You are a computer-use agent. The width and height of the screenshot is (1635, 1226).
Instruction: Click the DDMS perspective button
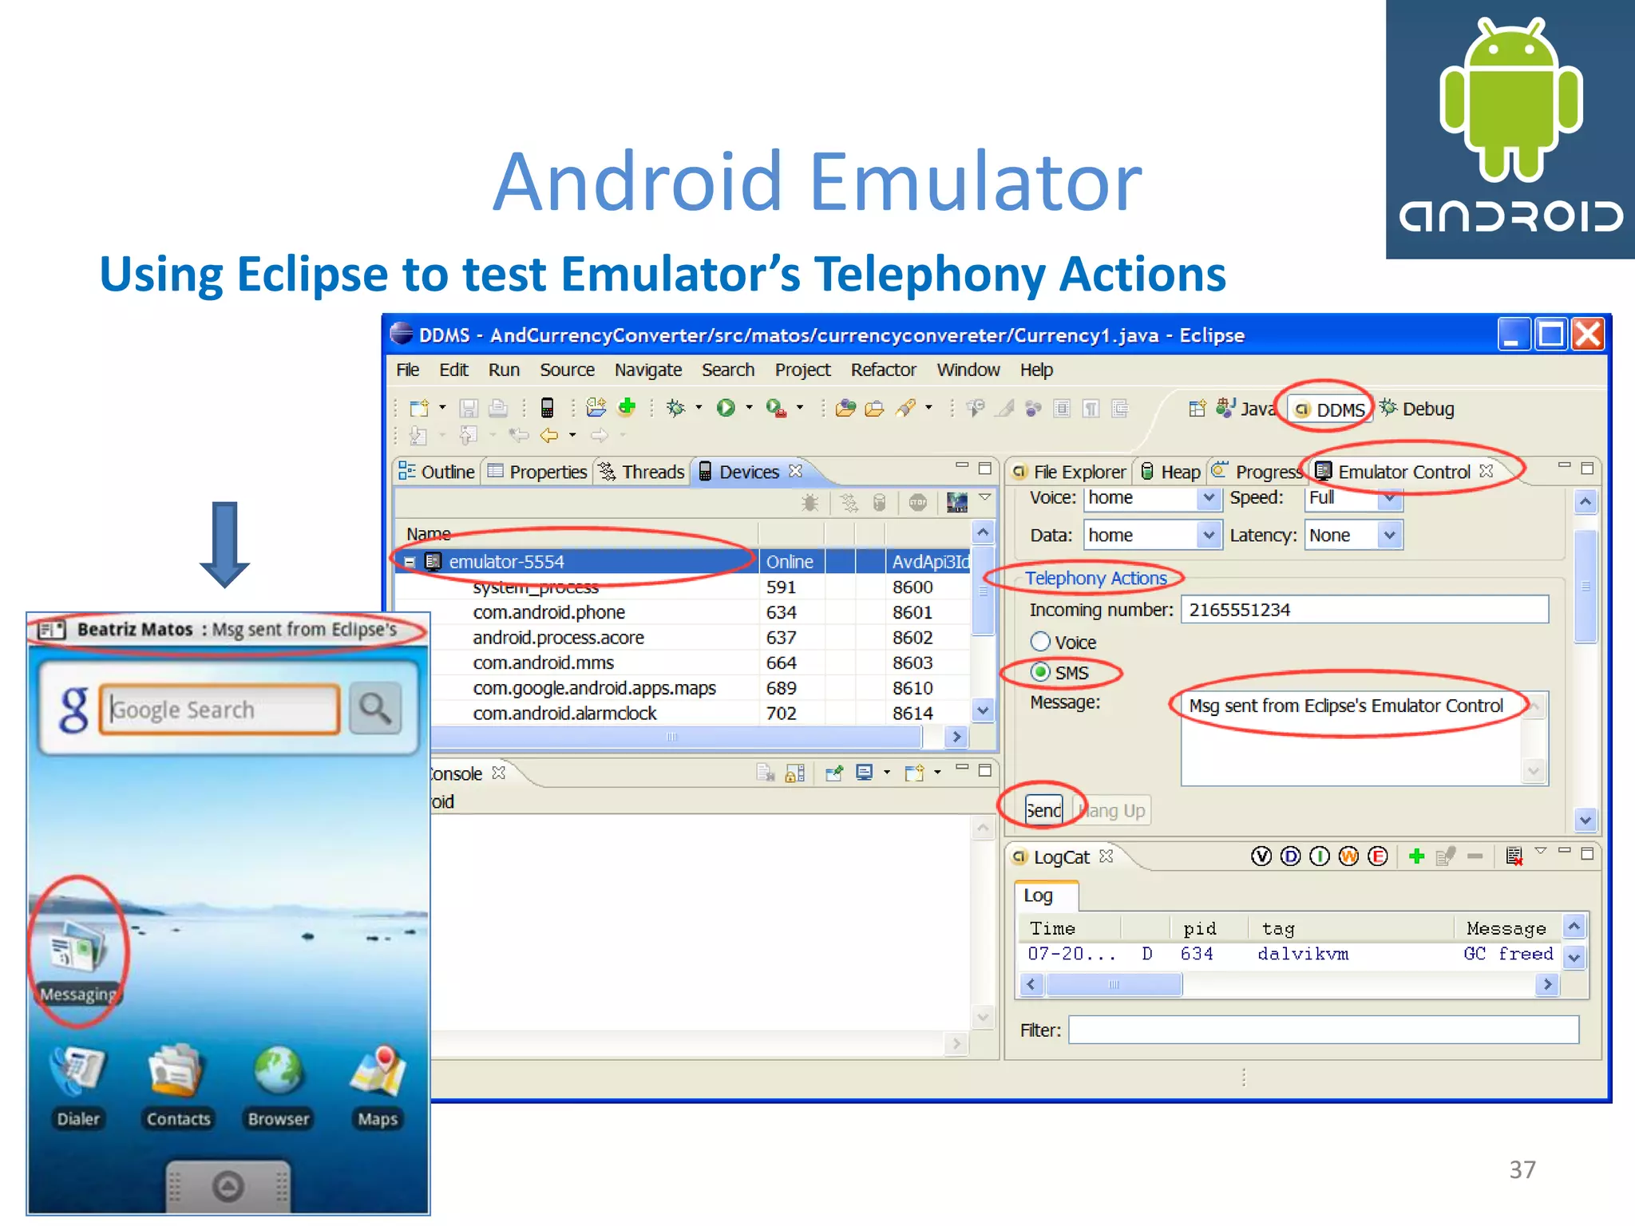[1330, 409]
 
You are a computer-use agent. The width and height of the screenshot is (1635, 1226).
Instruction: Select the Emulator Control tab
[1403, 472]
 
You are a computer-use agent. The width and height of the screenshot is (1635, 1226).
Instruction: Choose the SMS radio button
[1040, 672]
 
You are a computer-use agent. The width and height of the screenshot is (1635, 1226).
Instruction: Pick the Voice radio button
[1040, 642]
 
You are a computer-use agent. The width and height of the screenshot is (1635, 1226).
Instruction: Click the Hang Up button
[1112, 811]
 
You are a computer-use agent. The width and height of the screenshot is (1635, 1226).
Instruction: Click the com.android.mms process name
[543, 662]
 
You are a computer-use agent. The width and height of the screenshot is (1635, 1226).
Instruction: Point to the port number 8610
[912, 688]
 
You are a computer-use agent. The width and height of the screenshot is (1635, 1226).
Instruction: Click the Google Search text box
[220, 709]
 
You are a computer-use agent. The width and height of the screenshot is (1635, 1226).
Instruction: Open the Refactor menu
[882, 370]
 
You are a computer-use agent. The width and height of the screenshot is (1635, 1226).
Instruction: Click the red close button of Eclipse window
[1587, 334]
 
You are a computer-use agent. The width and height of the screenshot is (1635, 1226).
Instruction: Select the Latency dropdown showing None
[1353, 536]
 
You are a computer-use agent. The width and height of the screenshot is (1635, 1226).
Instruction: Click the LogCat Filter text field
[1323, 1030]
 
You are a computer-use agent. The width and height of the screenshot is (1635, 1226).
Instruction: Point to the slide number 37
[1522, 1169]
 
